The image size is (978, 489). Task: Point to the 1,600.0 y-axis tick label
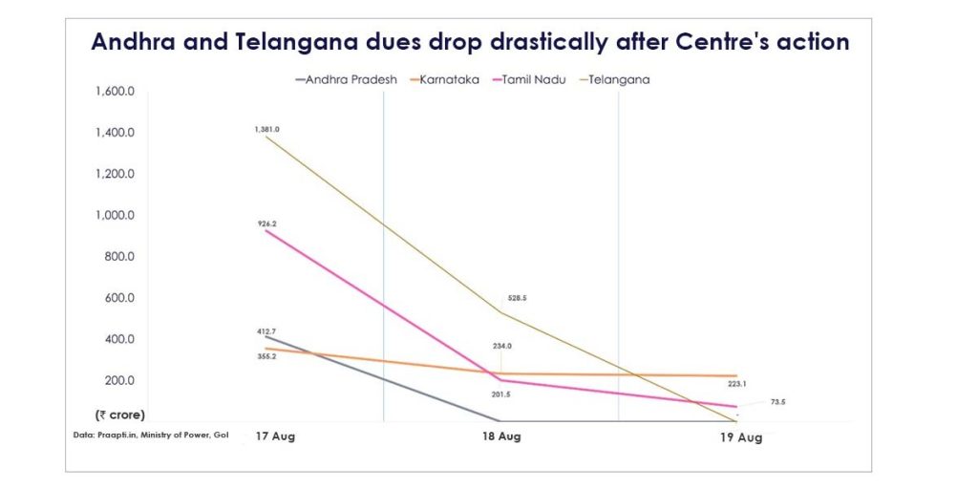tap(116, 92)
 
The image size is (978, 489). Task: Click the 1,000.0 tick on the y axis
tap(116, 216)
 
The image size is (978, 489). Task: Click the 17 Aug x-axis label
tap(274, 436)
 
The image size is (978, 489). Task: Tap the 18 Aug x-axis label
tap(500, 436)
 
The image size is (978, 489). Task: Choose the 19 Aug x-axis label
tap(740, 437)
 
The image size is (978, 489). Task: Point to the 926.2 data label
tap(266, 223)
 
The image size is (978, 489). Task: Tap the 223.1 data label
tap(736, 384)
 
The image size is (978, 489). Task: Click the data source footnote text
tap(151, 436)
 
